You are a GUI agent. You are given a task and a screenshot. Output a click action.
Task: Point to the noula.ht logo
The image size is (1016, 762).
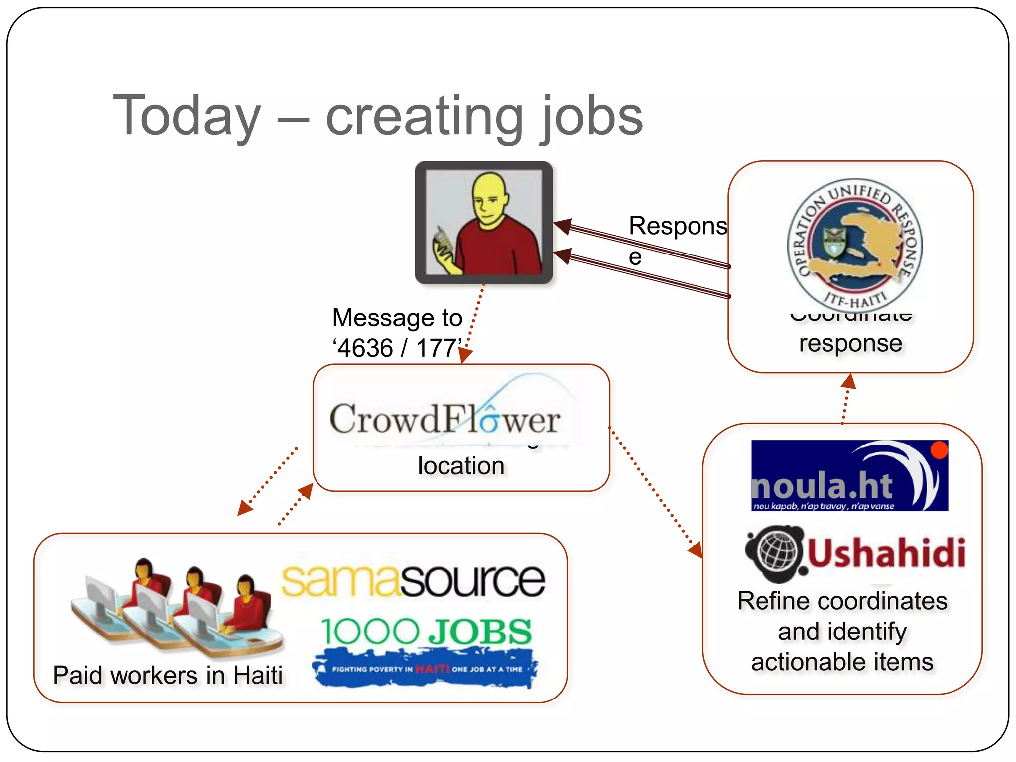(849, 476)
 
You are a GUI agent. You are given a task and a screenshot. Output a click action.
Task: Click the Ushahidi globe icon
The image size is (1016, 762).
(774, 553)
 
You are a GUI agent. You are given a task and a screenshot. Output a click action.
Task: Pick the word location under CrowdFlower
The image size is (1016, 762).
(461, 466)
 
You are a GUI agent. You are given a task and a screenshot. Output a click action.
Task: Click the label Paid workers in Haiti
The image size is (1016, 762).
(168, 675)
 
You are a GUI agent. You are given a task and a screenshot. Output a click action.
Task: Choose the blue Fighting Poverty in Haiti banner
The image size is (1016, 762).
(425, 669)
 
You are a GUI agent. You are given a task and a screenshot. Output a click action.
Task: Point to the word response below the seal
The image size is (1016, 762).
(850, 343)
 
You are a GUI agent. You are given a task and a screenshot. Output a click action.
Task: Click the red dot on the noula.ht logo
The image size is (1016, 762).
(939, 450)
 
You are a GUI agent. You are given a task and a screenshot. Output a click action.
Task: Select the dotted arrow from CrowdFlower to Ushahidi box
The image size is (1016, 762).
(655, 492)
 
